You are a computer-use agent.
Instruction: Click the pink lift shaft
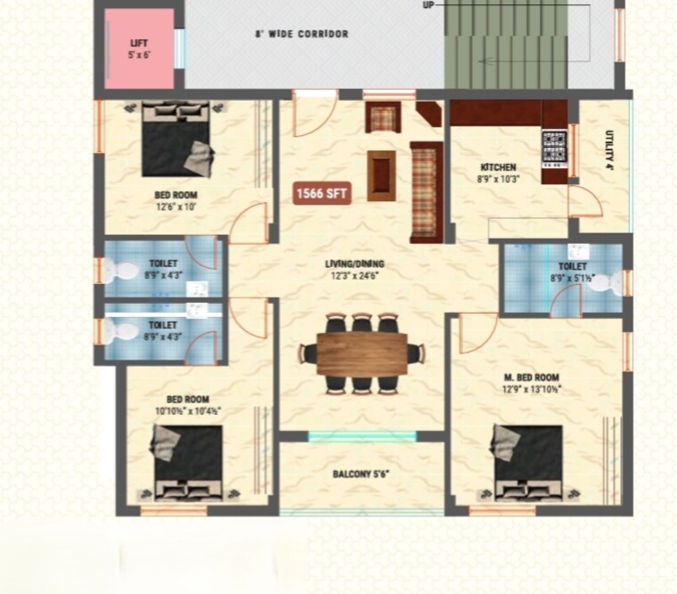pos(139,48)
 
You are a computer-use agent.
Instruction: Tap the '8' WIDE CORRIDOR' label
pos(302,35)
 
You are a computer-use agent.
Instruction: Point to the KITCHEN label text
pos(498,167)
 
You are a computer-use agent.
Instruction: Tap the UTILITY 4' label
pos(610,150)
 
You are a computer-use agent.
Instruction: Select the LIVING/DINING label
pos(355,264)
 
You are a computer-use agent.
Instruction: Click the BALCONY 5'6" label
pos(361,475)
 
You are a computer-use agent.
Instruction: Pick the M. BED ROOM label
pos(532,378)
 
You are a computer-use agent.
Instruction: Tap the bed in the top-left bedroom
pos(176,139)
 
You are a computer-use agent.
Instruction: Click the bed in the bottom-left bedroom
pos(188,463)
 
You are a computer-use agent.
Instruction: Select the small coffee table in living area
pos(381,175)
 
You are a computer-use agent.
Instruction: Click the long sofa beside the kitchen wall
pos(425,191)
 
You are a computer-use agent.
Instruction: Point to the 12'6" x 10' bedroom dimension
pos(175,207)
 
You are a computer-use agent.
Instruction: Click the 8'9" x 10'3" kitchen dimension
pos(499,179)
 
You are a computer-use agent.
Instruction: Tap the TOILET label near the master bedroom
pos(572,266)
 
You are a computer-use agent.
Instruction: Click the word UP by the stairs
pos(428,4)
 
